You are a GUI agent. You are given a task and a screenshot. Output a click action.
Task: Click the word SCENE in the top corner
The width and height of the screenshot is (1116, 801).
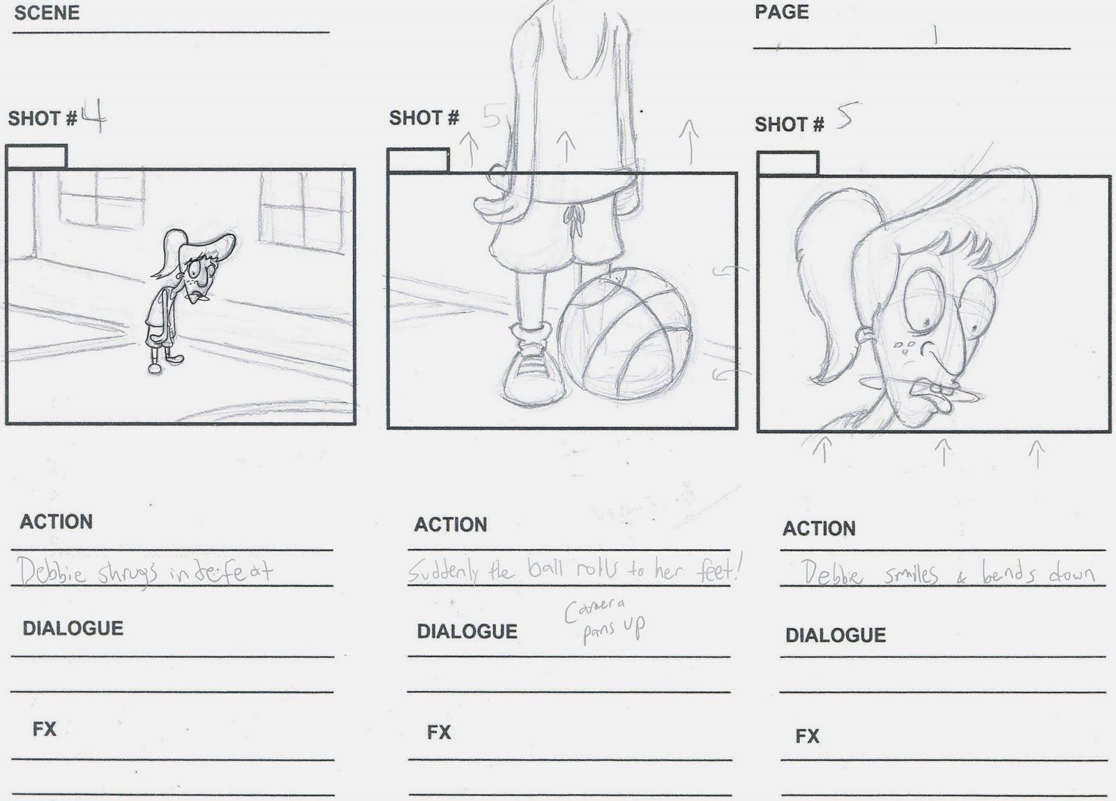(x=47, y=13)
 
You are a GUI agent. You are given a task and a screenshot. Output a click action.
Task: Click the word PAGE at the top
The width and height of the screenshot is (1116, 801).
(x=782, y=12)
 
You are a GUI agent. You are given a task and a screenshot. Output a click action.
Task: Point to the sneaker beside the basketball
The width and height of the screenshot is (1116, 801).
(x=534, y=370)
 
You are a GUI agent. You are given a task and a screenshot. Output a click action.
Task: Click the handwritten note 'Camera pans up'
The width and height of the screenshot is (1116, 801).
(x=605, y=619)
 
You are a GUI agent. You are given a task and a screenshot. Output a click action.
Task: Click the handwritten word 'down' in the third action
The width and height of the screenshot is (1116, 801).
(x=1071, y=574)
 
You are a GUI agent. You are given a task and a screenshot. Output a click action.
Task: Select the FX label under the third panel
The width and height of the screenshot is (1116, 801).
(x=807, y=736)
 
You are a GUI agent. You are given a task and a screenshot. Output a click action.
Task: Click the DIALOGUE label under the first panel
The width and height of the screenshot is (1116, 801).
(x=73, y=628)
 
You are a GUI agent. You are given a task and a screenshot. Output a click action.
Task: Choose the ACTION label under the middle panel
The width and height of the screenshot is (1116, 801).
(x=451, y=525)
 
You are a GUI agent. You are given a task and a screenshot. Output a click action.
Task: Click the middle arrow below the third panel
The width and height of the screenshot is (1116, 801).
(x=943, y=451)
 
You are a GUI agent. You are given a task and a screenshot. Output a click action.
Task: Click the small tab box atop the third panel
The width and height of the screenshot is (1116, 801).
(x=787, y=164)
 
